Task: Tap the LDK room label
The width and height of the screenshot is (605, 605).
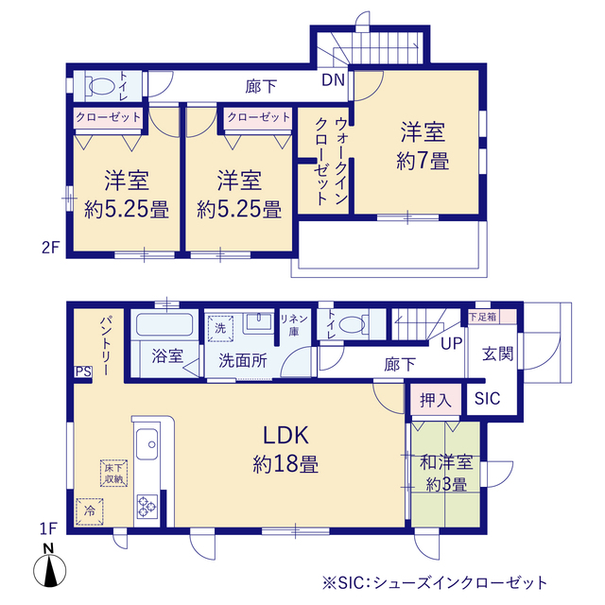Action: coord(285,435)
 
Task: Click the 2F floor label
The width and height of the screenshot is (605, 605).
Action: coord(50,248)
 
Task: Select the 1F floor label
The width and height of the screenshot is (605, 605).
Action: coord(48,528)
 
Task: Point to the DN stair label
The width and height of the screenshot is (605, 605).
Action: coord(333,79)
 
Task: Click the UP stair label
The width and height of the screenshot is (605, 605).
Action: coord(452,343)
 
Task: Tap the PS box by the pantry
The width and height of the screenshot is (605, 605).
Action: coord(83,372)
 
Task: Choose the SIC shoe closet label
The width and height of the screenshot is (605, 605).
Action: coord(488,399)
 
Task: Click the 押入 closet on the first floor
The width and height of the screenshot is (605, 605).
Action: coord(436,399)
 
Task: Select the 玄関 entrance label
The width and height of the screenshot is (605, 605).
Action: coord(498,354)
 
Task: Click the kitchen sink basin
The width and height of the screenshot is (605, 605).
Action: coord(147,443)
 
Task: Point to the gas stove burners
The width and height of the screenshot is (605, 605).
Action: coord(147,507)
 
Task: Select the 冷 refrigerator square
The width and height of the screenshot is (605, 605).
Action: coord(90,511)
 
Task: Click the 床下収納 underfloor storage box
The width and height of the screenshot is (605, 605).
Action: coord(113,473)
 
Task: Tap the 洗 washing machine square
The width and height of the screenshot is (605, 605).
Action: coord(220,328)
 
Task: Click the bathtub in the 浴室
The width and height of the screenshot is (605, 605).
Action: coord(164,324)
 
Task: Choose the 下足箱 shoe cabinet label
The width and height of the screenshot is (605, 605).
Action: coord(483,317)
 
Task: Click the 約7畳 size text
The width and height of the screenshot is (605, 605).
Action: coord(423,161)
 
